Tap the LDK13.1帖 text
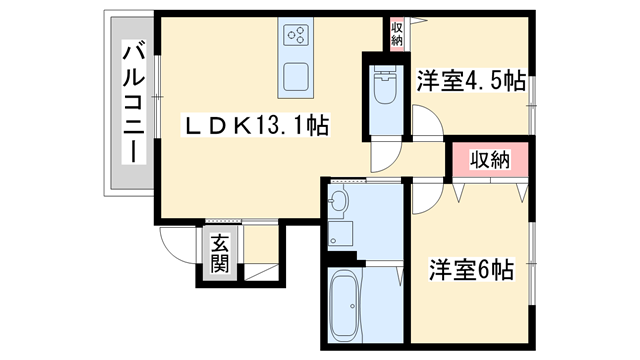point(255,126)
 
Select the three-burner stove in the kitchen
point(297,37)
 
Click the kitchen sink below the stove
point(297,77)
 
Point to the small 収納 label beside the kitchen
point(397,34)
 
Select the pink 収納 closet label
point(487,159)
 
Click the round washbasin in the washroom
point(338,203)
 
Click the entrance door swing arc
point(176,242)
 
